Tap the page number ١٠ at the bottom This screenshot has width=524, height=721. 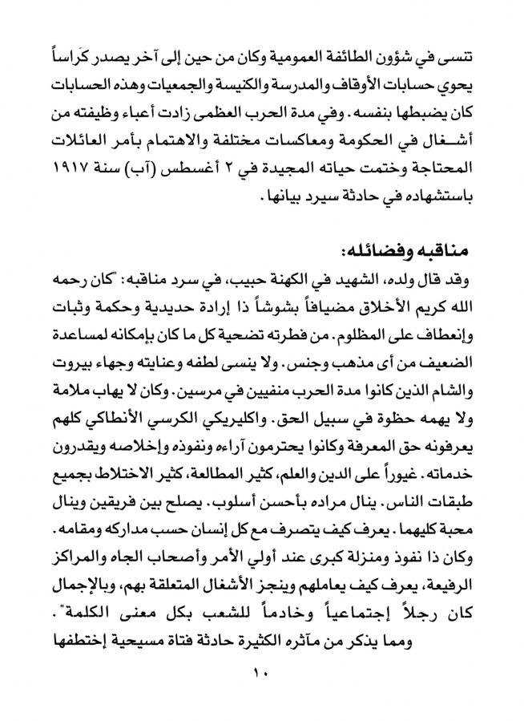coord(262,672)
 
